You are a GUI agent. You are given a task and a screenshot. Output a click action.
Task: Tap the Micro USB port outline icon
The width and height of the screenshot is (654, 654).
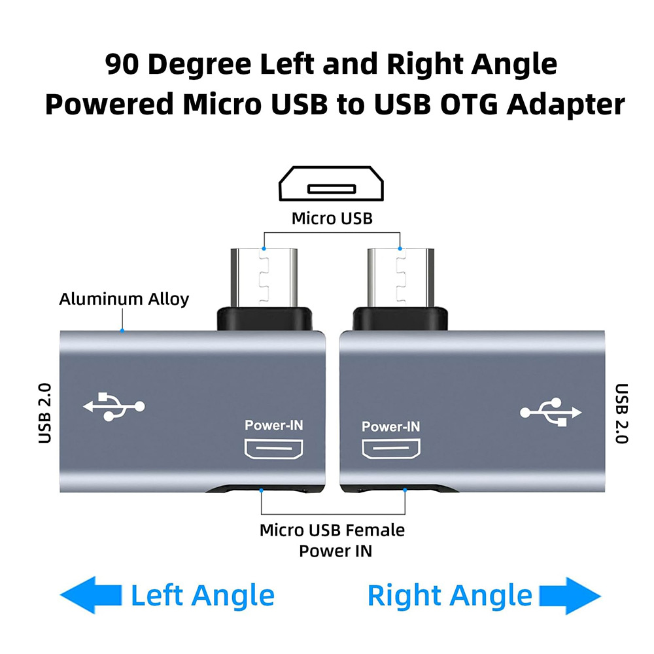(x=331, y=185)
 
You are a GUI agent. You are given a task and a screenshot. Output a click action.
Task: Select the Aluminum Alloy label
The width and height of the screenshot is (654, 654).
(x=124, y=300)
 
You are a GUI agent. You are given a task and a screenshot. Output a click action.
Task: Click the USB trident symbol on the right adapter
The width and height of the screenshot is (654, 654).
(x=550, y=411)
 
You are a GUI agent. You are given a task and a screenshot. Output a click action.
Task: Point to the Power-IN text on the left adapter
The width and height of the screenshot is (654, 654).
(x=274, y=426)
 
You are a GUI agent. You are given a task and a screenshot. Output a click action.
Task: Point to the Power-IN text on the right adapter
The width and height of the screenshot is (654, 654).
(x=390, y=427)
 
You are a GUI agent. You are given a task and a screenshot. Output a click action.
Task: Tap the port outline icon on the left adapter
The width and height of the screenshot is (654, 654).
(x=274, y=449)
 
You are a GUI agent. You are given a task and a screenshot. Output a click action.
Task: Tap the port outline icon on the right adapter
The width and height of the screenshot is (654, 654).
(x=390, y=449)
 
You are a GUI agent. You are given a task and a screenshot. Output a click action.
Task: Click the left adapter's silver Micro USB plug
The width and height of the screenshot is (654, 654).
(x=265, y=276)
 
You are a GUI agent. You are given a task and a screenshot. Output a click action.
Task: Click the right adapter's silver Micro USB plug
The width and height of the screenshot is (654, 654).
(x=400, y=276)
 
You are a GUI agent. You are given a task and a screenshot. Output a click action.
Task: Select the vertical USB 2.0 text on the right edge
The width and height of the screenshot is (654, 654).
(x=621, y=413)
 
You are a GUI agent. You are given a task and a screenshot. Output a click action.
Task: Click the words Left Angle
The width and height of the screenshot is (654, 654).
(x=202, y=596)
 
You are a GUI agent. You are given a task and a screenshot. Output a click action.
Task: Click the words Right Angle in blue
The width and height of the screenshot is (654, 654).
(x=449, y=596)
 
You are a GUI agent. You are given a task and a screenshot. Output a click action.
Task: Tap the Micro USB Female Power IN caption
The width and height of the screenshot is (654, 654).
(x=332, y=540)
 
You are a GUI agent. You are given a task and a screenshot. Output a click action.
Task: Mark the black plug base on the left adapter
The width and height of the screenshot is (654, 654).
(x=265, y=317)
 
